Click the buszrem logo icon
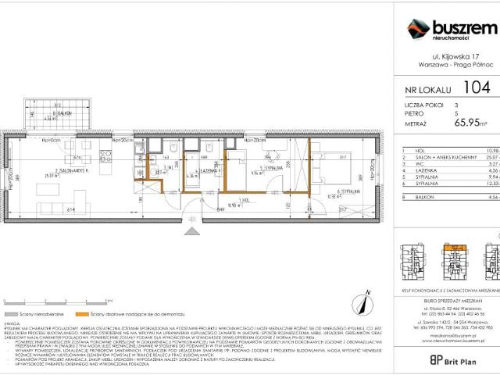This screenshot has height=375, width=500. tap(420, 29)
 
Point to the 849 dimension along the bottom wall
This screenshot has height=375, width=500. tap(222, 209)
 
